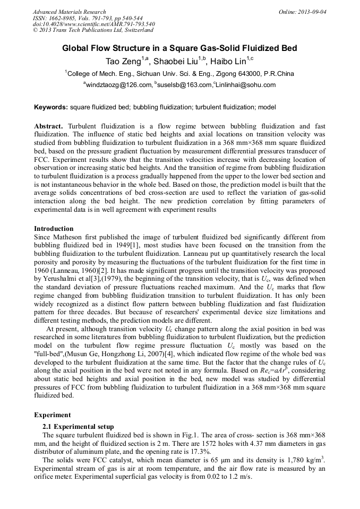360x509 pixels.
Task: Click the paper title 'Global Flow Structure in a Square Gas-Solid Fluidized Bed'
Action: pyautogui.click(x=179, y=48)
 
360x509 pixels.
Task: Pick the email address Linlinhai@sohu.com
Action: pyautogui.click(x=245, y=85)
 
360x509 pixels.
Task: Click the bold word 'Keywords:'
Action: pyautogui.click(x=51, y=107)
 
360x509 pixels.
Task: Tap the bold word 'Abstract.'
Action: pyautogui.click(x=49, y=126)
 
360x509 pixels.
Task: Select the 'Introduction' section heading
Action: pyautogui.click(x=54, y=228)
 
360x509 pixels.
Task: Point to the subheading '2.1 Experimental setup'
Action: pyautogui.click(x=78, y=426)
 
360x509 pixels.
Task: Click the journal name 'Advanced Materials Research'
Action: pyautogui.click(x=69, y=12)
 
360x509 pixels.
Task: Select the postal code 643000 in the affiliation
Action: pyautogui.click(x=251, y=73)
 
